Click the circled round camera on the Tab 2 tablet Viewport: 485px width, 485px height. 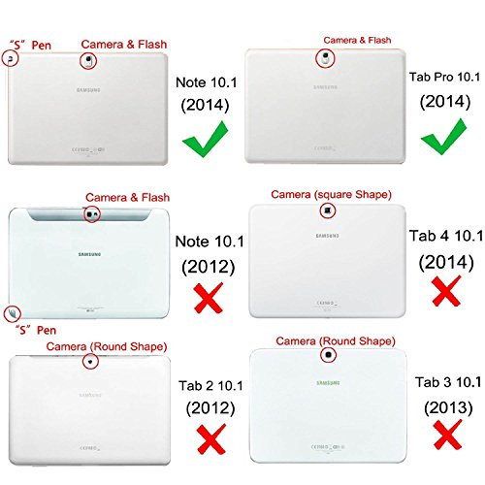pyautogui.click(x=90, y=361)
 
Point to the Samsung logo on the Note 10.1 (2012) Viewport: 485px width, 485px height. pyautogui.click(x=92, y=255)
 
